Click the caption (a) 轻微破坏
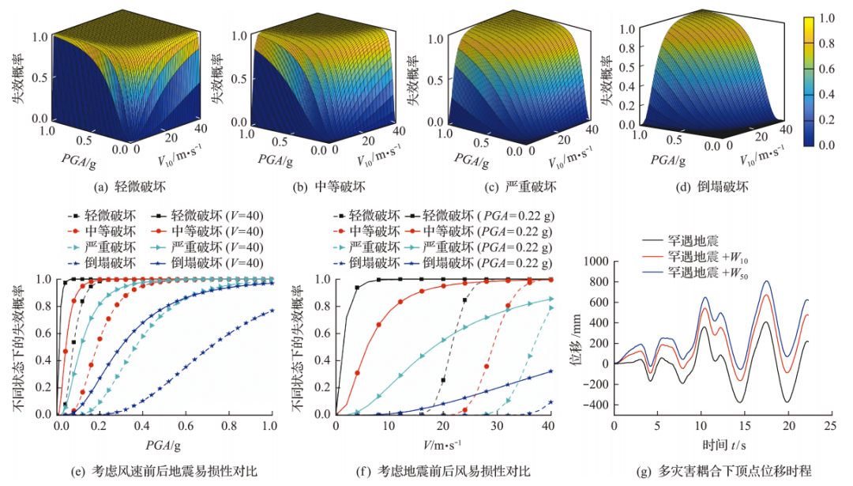coord(111,188)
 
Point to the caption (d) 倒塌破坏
coord(706,188)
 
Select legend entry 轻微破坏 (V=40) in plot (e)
coord(209,215)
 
